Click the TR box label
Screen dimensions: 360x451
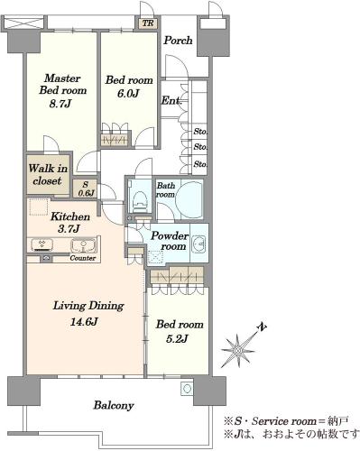pyautogui.click(x=148, y=23)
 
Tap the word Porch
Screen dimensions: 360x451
pyautogui.click(x=178, y=41)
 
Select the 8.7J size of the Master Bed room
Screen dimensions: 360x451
pyautogui.click(x=60, y=104)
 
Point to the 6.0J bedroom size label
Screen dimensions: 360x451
pyautogui.click(x=128, y=94)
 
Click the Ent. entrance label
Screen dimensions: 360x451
pyautogui.click(x=171, y=100)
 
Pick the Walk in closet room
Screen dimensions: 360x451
pyautogui.click(x=48, y=174)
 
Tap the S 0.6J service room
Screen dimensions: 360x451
pyautogui.click(x=86, y=189)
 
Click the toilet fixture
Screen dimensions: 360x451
pyautogui.click(x=141, y=198)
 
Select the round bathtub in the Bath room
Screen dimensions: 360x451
pyautogui.click(x=189, y=199)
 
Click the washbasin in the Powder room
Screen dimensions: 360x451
pyautogui.click(x=198, y=243)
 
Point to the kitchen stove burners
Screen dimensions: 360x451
pyautogui.click(x=42, y=245)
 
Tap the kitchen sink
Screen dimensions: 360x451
pyautogui.click(x=83, y=245)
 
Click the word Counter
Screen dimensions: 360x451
pyautogui.click(x=83, y=258)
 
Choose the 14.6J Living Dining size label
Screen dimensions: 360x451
pyautogui.click(x=84, y=322)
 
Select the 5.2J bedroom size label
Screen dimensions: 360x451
pyautogui.click(x=177, y=339)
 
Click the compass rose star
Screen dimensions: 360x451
pyautogui.click(x=238, y=351)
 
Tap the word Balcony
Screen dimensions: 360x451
pyautogui.click(x=114, y=406)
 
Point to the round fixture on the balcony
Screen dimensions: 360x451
pyautogui.click(x=187, y=389)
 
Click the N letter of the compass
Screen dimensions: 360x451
pyautogui.click(x=263, y=327)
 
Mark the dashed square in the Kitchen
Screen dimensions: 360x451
pyautogui.click(x=38, y=207)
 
